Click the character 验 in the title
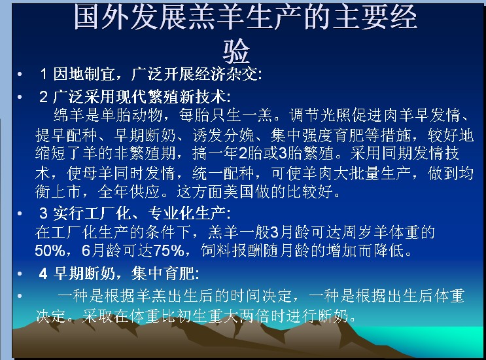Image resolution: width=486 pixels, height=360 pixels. click(x=236, y=51)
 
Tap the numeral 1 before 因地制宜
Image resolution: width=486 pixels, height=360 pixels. click(x=43, y=74)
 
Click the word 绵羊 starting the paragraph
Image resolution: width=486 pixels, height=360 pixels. click(x=69, y=115)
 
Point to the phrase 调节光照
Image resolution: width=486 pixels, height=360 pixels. click(x=320, y=115)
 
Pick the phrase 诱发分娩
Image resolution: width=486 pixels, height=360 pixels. click(x=223, y=135)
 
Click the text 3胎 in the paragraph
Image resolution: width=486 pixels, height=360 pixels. click(x=290, y=153)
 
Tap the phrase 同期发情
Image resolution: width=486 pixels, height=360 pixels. click(x=413, y=153)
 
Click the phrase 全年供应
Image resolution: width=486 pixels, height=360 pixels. click(x=129, y=192)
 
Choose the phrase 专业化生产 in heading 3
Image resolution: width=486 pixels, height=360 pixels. click(x=186, y=213)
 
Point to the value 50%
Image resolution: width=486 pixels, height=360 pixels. click(x=50, y=251)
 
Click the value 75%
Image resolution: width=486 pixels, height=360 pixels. click(x=169, y=251)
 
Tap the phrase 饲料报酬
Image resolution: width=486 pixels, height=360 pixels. click(x=232, y=251)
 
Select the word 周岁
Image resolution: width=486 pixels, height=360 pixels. click(x=357, y=232)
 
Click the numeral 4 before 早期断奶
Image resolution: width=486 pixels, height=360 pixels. click(x=43, y=274)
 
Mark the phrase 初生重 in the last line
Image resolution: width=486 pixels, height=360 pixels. click(x=200, y=315)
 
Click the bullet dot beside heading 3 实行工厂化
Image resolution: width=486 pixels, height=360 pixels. click(x=20, y=213)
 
